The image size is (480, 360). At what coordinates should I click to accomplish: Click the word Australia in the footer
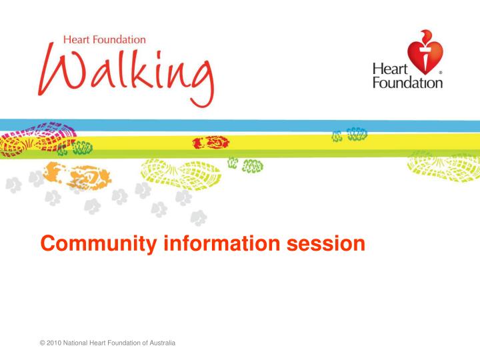(161, 343)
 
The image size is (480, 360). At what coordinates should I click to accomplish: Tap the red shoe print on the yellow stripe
(211, 143)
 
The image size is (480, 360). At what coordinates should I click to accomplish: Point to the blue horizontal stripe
(267, 126)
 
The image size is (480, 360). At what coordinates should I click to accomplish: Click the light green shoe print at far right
(444, 165)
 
